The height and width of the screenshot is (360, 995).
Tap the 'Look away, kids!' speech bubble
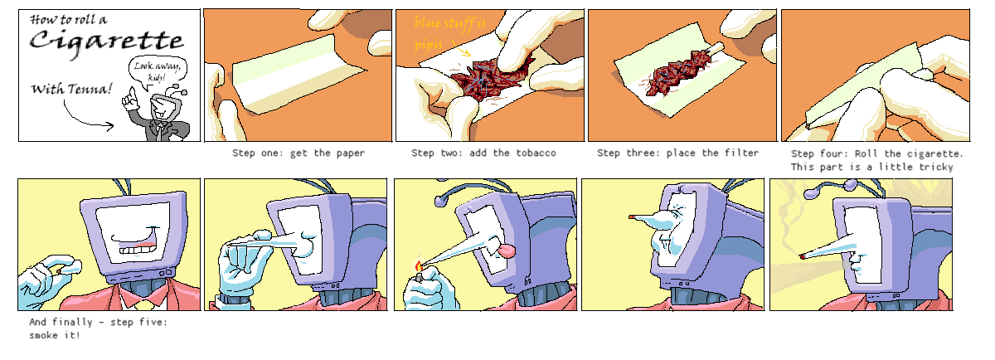158,71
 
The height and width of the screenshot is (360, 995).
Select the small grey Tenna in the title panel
158,114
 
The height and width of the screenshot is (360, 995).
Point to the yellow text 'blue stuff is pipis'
449,33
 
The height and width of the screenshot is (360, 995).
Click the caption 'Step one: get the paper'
298,153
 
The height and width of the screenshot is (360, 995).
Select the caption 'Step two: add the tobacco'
483,153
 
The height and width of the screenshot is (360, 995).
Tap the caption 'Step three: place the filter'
678,153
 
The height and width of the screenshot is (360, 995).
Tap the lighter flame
419,266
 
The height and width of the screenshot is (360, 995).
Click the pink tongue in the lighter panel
507,251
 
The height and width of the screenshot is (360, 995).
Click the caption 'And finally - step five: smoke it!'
99,328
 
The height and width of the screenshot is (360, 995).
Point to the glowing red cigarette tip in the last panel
803,257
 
